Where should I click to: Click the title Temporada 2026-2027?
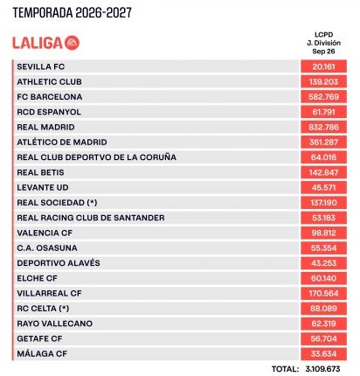point(73,13)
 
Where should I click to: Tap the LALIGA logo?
point(45,43)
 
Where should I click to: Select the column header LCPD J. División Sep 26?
point(323,43)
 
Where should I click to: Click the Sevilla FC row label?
point(41,66)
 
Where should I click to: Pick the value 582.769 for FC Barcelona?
point(323,97)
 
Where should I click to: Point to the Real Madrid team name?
point(45,127)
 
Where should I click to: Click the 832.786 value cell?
point(323,127)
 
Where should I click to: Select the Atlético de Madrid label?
point(62,142)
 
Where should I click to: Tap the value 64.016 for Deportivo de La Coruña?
point(323,157)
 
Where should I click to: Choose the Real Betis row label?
point(40,172)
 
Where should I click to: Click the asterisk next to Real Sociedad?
point(92,202)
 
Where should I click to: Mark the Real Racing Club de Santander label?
point(91,218)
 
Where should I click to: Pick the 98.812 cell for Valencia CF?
point(323,233)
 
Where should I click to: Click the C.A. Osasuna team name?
point(47,248)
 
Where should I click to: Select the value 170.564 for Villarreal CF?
point(323,293)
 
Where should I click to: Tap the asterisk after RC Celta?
point(64,308)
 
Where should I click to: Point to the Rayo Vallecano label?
point(55,324)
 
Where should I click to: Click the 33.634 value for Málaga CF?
point(323,354)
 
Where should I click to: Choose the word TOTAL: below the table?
point(286,369)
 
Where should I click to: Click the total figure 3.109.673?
point(323,369)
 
